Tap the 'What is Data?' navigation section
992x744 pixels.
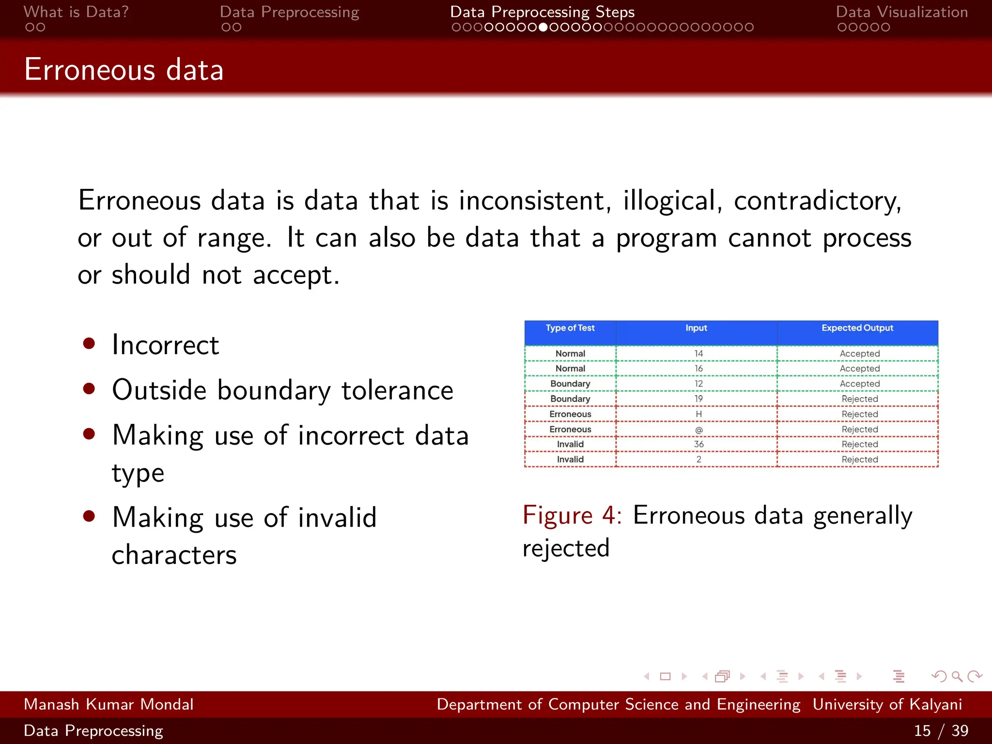pyautogui.click(x=76, y=12)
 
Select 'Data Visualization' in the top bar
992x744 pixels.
pyautogui.click(x=901, y=12)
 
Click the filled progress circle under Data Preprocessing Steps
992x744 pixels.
pyautogui.click(x=543, y=28)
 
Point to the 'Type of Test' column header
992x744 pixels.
pyautogui.click(x=570, y=328)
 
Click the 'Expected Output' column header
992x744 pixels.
pyautogui.click(x=857, y=328)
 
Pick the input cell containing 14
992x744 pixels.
pyautogui.click(x=698, y=354)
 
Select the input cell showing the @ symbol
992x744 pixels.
pyautogui.click(x=698, y=430)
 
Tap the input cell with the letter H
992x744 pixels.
pyautogui.click(x=698, y=414)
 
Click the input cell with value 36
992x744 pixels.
pyautogui.click(x=698, y=444)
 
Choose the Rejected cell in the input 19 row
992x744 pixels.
pyautogui.click(x=859, y=399)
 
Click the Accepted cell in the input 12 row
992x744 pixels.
pyautogui.click(x=859, y=384)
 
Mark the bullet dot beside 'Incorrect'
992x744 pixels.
pyautogui.click(x=89, y=343)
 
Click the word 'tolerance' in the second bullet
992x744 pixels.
pyautogui.click(x=397, y=390)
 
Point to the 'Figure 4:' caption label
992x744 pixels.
pyautogui.click(x=572, y=515)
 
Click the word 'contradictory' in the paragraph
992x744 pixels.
pyautogui.click(x=817, y=201)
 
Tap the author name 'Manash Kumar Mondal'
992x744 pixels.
pyautogui.click(x=108, y=704)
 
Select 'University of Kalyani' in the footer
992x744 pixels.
pyautogui.click(x=887, y=704)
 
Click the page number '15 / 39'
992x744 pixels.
pyautogui.click(x=941, y=730)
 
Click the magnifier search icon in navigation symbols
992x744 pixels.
pyautogui.click(x=957, y=676)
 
